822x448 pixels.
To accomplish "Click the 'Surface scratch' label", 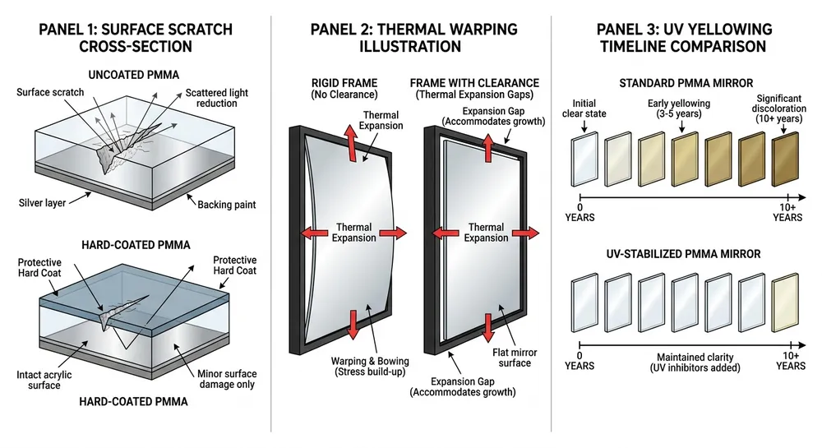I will point(50,92).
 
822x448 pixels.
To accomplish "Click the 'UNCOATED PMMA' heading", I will point(135,72).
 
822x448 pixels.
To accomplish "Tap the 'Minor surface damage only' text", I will point(224,377).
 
